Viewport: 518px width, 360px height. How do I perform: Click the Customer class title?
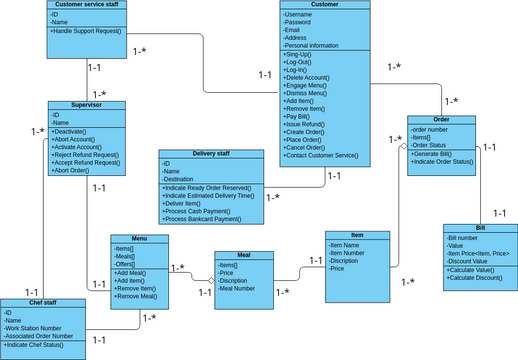(x=325, y=5)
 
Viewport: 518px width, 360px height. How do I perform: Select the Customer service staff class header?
(x=85, y=5)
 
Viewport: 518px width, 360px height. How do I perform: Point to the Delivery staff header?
(x=212, y=154)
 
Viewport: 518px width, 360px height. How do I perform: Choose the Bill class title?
(x=479, y=228)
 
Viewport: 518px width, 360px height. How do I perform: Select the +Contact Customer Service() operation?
(x=322, y=156)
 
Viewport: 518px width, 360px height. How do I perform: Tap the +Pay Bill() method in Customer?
(x=300, y=117)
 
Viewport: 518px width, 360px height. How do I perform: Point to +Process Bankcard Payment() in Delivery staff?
(x=205, y=218)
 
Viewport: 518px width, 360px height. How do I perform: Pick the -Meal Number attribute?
(x=237, y=288)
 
